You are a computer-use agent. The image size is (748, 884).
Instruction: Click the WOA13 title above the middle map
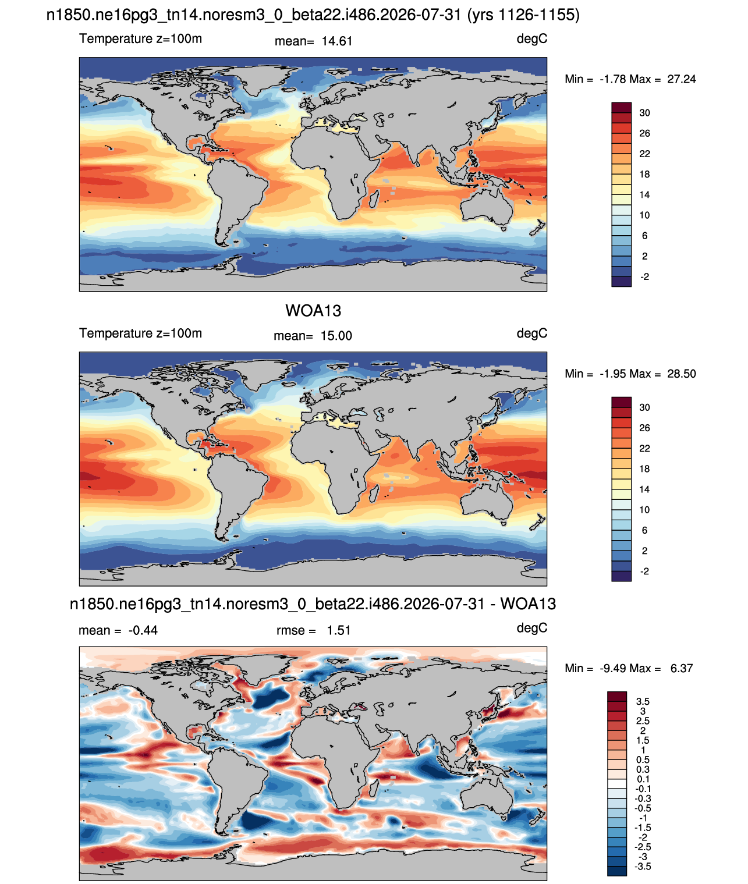tap(313, 311)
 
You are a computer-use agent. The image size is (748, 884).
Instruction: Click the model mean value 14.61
tap(337, 41)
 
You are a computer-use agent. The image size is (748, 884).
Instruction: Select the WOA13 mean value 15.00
tap(336, 336)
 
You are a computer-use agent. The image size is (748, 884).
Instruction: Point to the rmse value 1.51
tap(339, 630)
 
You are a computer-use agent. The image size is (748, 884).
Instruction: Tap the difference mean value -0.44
tap(143, 630)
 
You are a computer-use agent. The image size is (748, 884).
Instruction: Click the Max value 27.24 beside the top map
tap(682, 79)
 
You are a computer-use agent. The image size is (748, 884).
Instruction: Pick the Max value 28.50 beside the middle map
tap(682, 374)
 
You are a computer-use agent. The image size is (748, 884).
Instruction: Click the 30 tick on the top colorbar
tap(644, 113)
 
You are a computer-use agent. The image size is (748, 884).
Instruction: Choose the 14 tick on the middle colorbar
tap(644, 489)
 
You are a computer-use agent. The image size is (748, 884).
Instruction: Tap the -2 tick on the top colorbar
tap(644, 276)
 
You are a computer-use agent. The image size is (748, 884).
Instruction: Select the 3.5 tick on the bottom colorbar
tap(643, 701)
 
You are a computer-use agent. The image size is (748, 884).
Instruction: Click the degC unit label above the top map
tap(531, 39)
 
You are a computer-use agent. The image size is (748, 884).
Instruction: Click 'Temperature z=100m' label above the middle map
tap(140, 333)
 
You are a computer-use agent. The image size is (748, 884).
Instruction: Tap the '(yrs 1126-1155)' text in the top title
tap(523, 15)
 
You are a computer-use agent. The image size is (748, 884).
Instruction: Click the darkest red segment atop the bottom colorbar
tap(616, 696)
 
